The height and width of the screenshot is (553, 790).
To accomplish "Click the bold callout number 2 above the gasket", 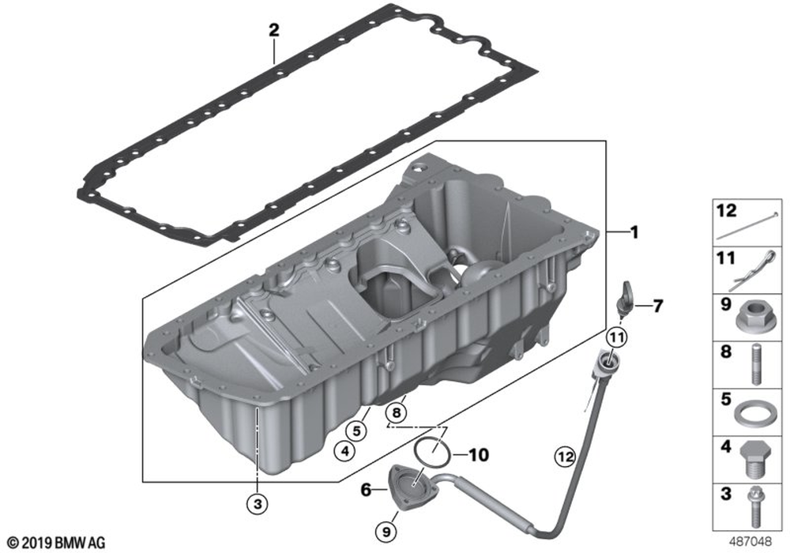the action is click(273, 31).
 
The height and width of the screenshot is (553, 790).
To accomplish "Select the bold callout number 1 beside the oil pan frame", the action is click(634, 232).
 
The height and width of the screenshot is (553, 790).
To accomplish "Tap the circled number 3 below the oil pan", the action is click(258, 503).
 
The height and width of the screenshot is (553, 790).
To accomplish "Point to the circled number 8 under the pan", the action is click(397, 413).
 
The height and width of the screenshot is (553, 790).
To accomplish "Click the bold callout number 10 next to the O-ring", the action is click(479, 455).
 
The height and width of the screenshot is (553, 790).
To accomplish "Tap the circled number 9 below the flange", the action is click(386, 532).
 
